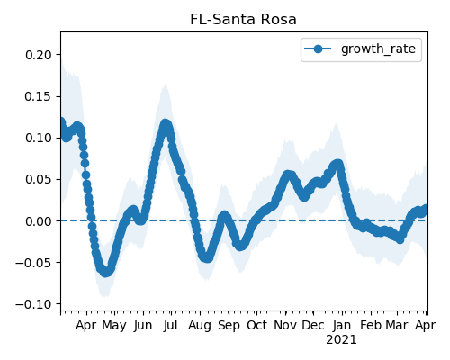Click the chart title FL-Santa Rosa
(243, 20)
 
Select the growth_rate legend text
(378, 49)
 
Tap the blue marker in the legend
(318, 49)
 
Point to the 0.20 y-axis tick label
(39, 55)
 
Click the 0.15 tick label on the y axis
(39, 96)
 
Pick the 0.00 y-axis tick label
(39, 221)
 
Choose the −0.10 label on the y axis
(33, 304)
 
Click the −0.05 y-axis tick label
(33, 263)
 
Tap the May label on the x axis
(114, 326)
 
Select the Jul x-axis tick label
(171, 325)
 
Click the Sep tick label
(229, 326)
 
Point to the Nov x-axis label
(285, 325)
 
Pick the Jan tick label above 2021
(342, 325)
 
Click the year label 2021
(341, 340)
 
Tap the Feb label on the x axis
(371, 325)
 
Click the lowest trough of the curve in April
(105, 272)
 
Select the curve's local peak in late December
(337, 165)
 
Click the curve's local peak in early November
(288, 175)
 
